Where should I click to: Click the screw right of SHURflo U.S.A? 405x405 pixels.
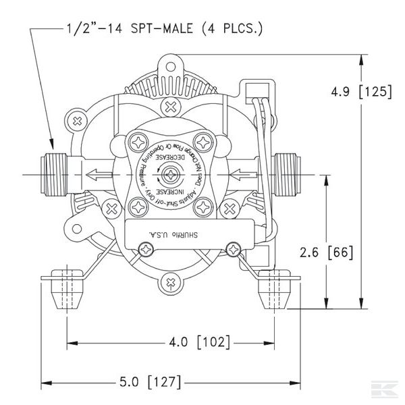point(234,249)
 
